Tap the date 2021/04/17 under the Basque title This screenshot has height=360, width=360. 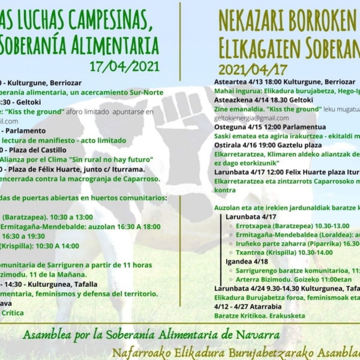253,69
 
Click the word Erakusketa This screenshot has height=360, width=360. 285,316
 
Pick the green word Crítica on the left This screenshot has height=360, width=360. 13,313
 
